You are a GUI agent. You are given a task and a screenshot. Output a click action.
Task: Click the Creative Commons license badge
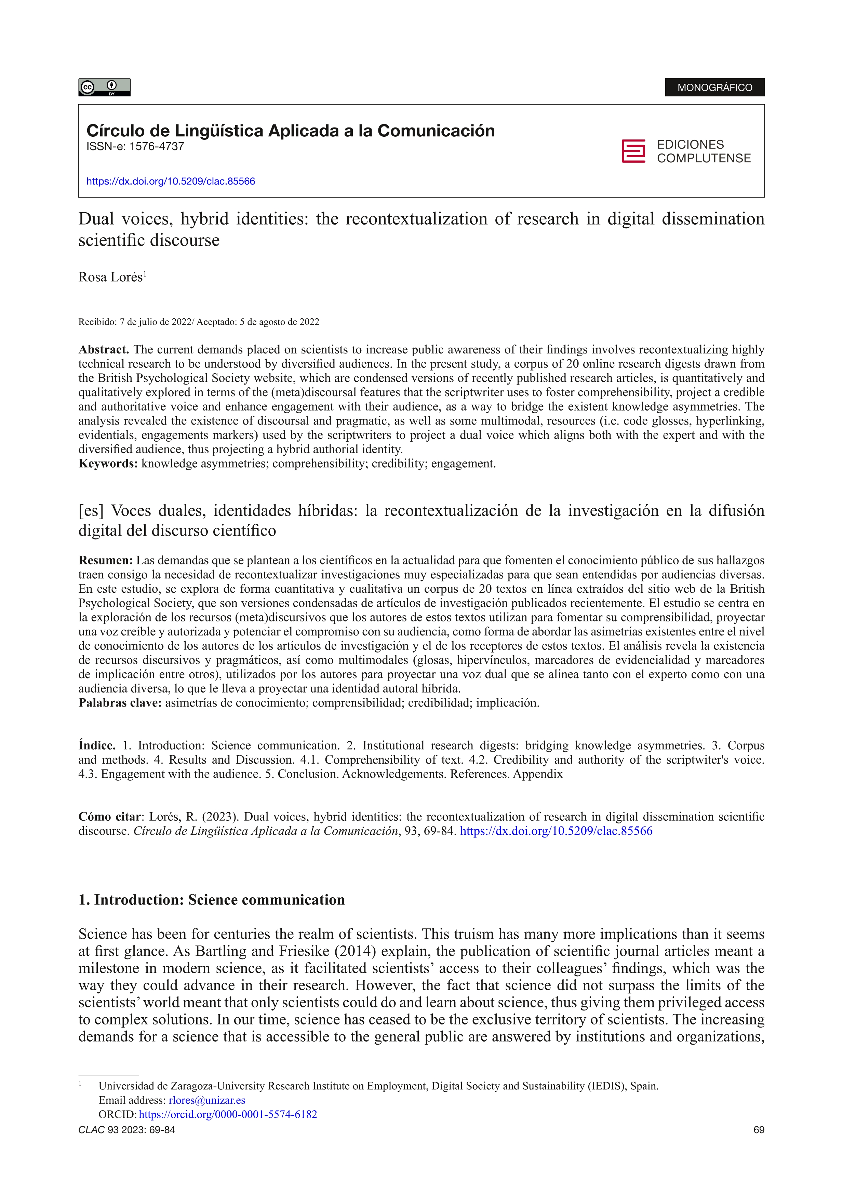pyautogui.click(x=104, y=88)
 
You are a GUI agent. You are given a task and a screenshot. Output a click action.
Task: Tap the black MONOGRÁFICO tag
pyautogui.click(x=714, y=88)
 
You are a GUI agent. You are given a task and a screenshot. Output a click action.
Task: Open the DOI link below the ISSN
pyautogui.click(x=171, y=182)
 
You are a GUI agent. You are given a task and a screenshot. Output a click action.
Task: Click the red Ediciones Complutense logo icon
pyautogui.click(x=633, y=151)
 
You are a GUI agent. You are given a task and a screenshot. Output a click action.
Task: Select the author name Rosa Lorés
pyautogui.click(x=111, y=277)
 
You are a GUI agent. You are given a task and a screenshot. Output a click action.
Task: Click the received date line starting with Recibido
pyautogui.click(x=199, y=322)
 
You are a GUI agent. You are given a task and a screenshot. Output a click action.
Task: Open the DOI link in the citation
pyautogui.click(x=556, y=831)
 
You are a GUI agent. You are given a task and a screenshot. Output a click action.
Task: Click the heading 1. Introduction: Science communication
pyautogui.click(x=211, y=900)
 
